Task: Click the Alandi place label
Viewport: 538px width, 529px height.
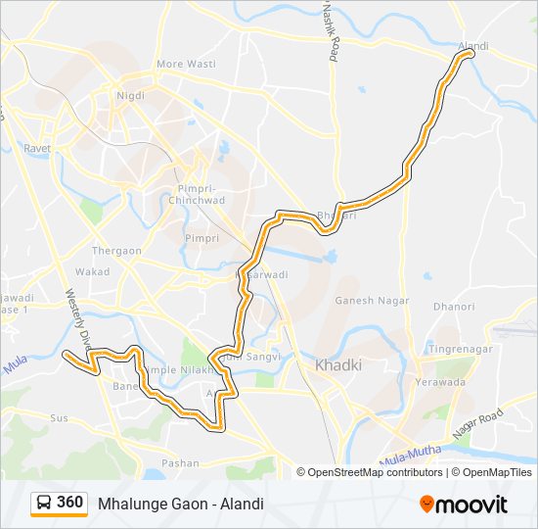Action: [473, 45]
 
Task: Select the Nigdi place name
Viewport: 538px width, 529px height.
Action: [131, 95]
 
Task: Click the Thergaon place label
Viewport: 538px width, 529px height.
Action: [116, 251]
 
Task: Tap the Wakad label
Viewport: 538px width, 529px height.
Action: [93, 271]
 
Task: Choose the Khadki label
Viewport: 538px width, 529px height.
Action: [338, 365]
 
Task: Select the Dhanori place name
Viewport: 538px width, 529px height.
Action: [455, 307]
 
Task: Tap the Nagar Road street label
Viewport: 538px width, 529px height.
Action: [476, 423]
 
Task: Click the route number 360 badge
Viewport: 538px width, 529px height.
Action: [69, 503]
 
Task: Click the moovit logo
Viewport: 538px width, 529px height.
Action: [465, 504]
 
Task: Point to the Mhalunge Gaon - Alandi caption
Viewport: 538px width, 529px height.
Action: [181, 504]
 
